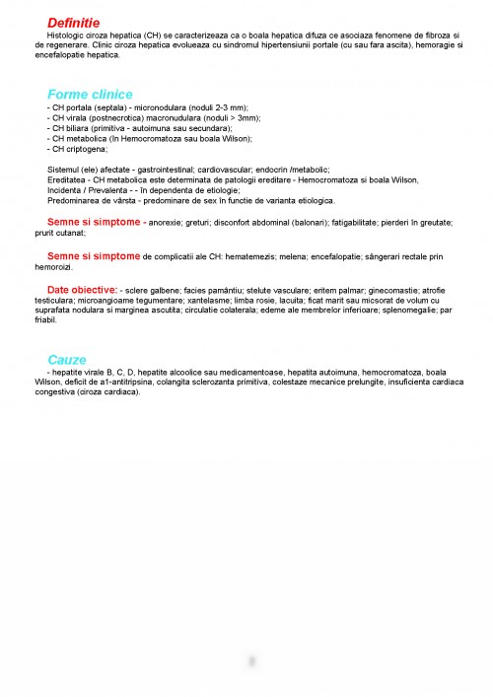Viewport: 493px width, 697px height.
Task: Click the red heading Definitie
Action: pos(74,22)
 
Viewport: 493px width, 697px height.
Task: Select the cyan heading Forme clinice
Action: pos(90,94)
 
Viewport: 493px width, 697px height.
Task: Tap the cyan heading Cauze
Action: pos(67,360)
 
